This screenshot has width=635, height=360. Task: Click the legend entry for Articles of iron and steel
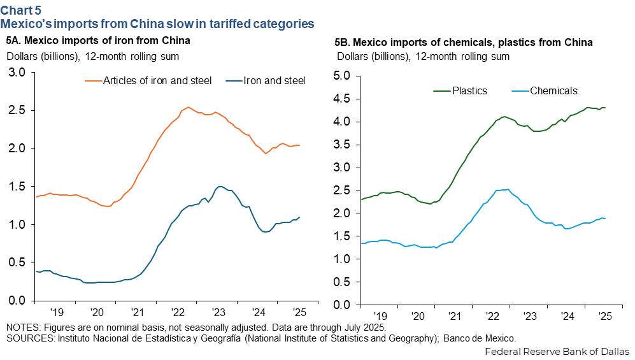click(156, 81)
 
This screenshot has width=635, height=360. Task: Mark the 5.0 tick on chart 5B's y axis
click(343, 76)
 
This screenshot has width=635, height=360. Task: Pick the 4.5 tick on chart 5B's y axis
click(343, 99)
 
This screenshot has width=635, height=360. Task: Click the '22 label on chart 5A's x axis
click(178, 313)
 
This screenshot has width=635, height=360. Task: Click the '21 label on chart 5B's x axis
click(455, 316)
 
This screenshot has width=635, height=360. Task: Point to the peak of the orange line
click(189, 107)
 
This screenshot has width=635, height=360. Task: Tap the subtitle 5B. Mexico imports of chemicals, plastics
click(464, 43)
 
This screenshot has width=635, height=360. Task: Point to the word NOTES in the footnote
click(22, 327)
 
